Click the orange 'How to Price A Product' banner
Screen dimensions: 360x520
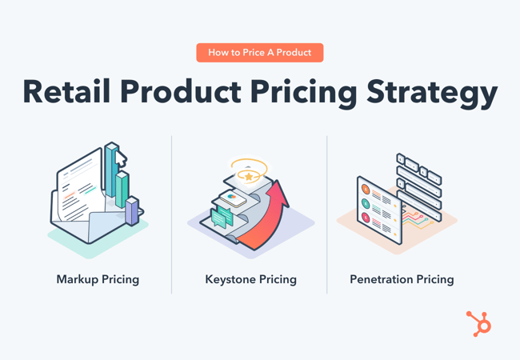(x=259, y=53)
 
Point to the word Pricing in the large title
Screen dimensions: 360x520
(x=307, y=94)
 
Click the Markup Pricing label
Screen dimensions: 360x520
(x=98, y=279)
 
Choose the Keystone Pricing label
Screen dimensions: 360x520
(x=250, y=279)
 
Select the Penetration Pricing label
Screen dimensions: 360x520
(x=402, y=279)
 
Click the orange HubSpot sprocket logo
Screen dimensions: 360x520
(x=479, y=323)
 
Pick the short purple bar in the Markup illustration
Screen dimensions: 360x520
(x=132, y=211)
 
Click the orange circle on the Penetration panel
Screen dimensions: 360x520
(x=366, y=190)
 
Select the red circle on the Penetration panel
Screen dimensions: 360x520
(x=366, y=218)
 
